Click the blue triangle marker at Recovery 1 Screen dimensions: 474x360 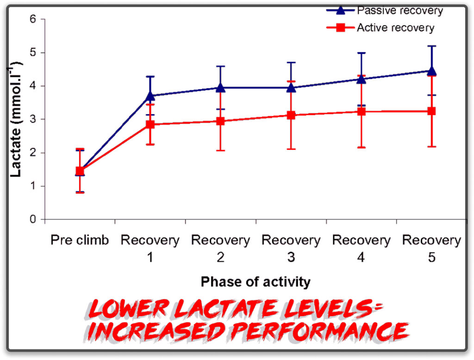pyautogui.click(x=150, y=96)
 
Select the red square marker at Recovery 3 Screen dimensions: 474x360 pyautogui.click(x=291, y=115)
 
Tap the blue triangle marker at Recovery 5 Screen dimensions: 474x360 pyautogui.click(x=432, y=71)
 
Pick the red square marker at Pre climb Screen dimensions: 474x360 pyautogui.click(x=80, y=171)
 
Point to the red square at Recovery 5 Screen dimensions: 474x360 pyautogui.click(x=432, y=111)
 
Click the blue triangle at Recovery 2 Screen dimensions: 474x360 pyautogui.click(x=221, y=87)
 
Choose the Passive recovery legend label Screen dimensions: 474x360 pyautogui.click(x=399, y=11)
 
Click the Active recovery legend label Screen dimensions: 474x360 pyautogui.click(x=395, y=28)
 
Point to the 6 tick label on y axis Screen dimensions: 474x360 pyautogui.click(x=33, y=19)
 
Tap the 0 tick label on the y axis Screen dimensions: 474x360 pyautogui.click(x=33, y=219)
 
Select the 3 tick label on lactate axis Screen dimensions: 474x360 pyautogui.click(x=33, y=119)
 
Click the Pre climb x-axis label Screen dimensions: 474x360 pyautogui.click(x=80, y=240)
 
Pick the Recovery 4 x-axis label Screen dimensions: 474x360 pyautogui.click(x=361, y=248)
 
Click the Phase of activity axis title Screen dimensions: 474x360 pyautogui.click(x=256, y=282)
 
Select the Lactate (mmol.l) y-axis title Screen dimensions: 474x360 pyautogui.click(x=16, y=119)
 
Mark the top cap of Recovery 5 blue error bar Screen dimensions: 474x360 pyautogui.click(x=432, y=46)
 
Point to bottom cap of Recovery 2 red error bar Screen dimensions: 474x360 pyautogui.click(x=221, y=150)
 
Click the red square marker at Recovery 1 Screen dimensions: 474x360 pyautogui.click(x=150, y=124)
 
